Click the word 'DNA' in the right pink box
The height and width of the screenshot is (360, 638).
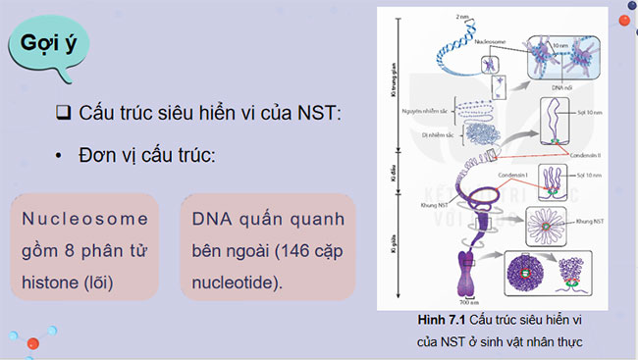[213, 217]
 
